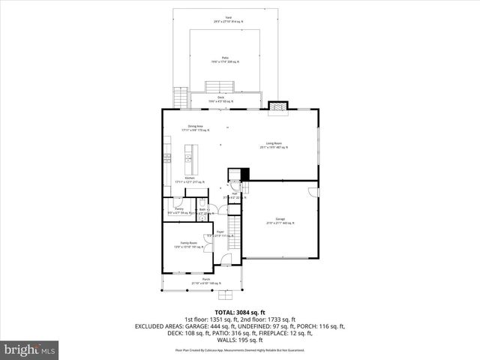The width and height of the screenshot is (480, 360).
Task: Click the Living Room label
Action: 273,145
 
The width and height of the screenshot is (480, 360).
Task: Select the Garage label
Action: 280,221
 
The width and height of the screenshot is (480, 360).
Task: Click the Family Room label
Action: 188,244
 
